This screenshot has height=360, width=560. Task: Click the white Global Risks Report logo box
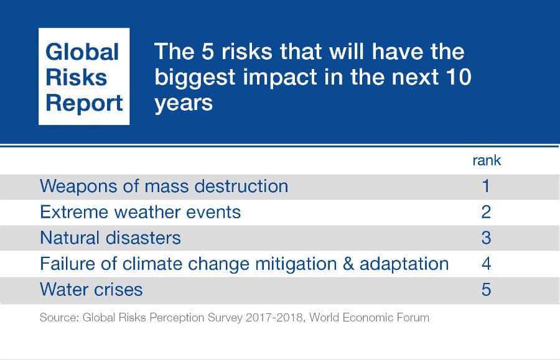pyautogui.click(x=84, y=76)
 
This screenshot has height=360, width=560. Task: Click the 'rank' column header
pyautogui.click(x=486, y=160)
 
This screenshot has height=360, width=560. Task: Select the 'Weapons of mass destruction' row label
pyautogui.click(x=164, y=186)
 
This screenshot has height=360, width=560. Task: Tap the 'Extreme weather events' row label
pyautogui.click(x=140, y=212)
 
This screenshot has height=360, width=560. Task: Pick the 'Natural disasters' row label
pyautogui.click(x=110, y=238)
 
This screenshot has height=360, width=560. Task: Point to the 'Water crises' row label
pyautogui.click(x=91, y=289)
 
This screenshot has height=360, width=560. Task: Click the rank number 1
pyautogui.click(x=486, y=186)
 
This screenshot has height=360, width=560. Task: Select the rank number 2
pyautogui.click(x=486, y=212)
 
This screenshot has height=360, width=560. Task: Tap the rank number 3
pyautogui.click(x=486, y=238)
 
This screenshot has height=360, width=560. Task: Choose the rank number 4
pyautogui.click(x=486, y=264)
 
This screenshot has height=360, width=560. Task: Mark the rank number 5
pyautogui.click(x=486, y=289)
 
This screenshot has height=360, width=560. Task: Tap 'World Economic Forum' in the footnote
pyautogui.click(x=368, y=318)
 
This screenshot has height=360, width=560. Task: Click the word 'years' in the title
pyautogui.click(x=184, y=101)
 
